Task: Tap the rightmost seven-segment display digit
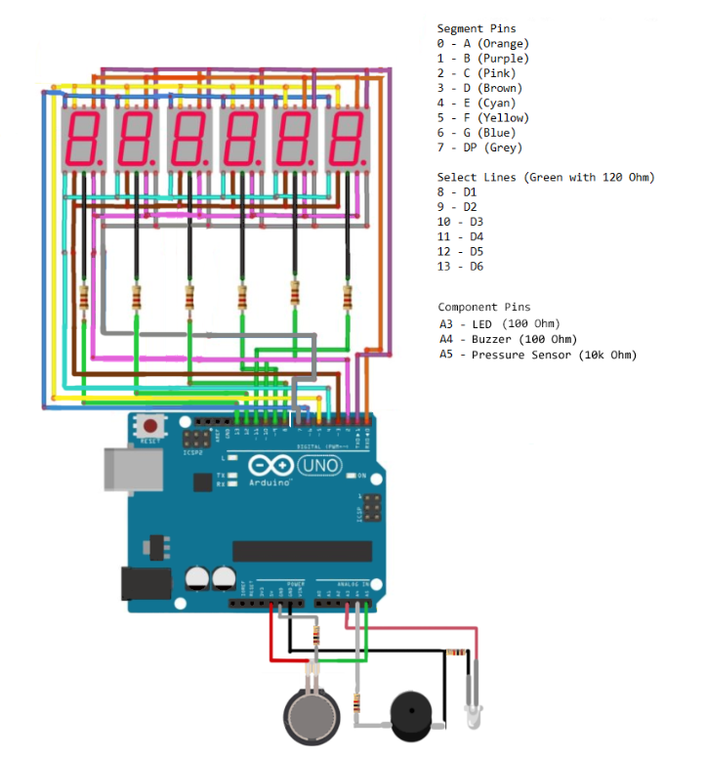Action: pos(349,138)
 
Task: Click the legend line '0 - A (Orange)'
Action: pos(482,44)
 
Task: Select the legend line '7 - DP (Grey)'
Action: pos(479,147)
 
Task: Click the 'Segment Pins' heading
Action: pos(477,28)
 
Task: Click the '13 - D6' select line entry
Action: pos(460,267)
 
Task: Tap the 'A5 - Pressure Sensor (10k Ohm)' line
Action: pos(537,355)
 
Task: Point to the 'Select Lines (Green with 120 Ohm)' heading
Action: pos(545,177)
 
